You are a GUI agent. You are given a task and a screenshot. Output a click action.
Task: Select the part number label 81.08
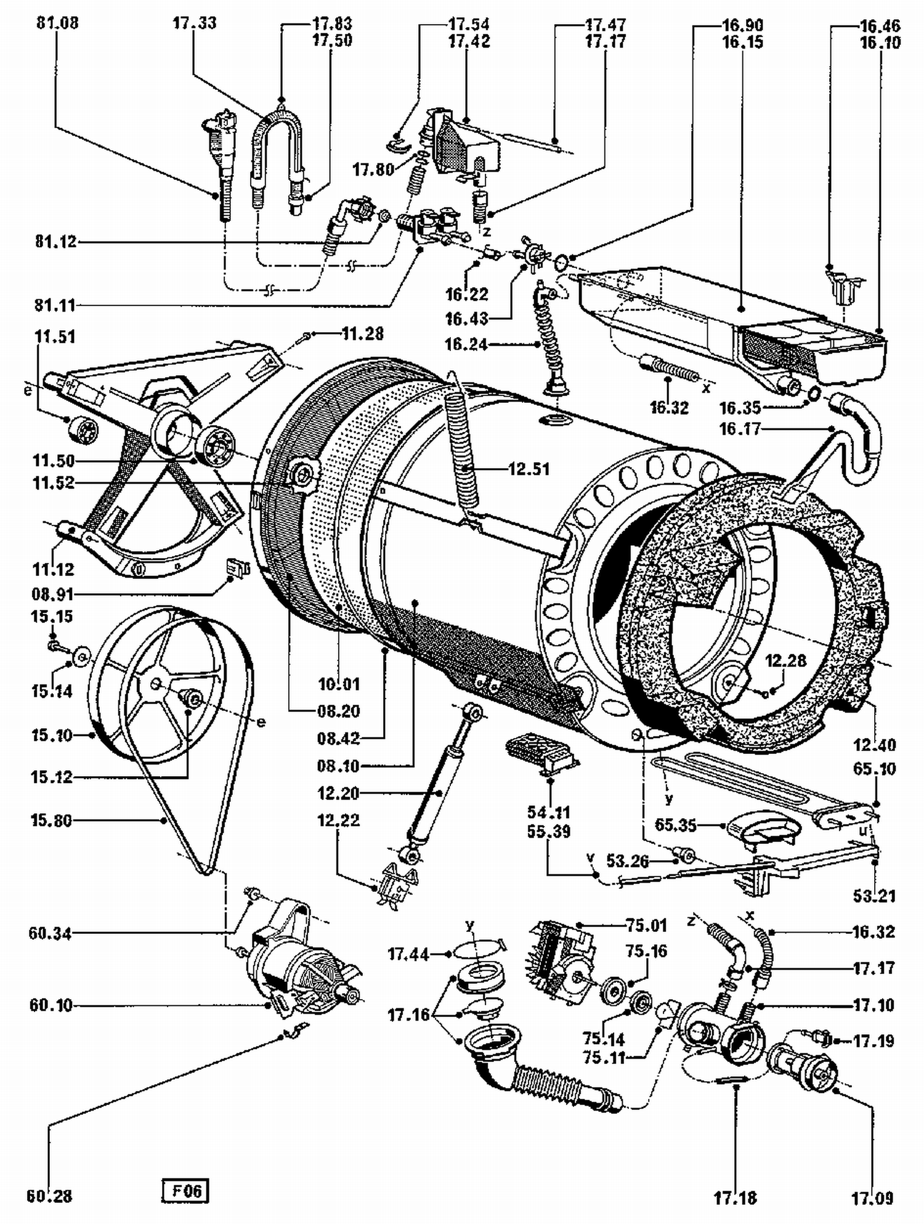[57, 23]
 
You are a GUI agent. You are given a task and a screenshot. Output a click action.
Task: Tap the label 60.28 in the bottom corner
[49, 1196]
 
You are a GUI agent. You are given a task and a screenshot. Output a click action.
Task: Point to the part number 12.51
[529, 469]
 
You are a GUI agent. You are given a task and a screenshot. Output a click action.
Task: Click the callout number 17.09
[872, 1198]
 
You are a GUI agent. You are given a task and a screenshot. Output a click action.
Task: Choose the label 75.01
[646, 925]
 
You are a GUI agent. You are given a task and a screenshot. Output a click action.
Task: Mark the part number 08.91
[52, 594]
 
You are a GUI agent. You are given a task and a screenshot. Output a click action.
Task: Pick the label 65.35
[676, 825]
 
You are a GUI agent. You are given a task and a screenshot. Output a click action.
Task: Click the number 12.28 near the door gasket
[785, 661]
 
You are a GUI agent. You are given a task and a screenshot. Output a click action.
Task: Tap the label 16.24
[466, 344]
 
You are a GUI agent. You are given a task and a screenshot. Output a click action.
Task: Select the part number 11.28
[362, 334]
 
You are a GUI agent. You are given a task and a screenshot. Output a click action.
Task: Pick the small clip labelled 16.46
[845, 285]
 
